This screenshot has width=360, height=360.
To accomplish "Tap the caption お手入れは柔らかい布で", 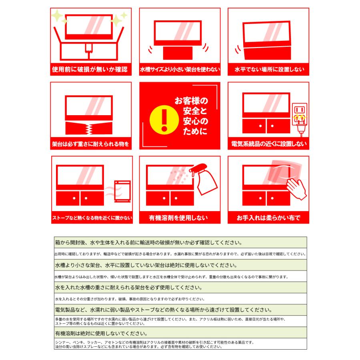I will coord(268,218).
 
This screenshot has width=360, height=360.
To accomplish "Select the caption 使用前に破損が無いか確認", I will coord(90,69).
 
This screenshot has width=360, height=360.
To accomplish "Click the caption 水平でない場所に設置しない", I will coord(268,70).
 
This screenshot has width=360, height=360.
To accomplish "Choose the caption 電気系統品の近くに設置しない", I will coord(268,144).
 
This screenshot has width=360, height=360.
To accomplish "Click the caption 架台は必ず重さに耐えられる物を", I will coord(90,143).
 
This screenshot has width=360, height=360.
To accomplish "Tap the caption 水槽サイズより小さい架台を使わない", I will coord(180,70).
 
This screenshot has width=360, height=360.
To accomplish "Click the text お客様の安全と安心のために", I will coord(191,116).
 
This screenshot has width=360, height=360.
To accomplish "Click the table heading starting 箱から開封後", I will coord(148,242).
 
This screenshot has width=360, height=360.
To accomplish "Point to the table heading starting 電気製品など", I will coord(164,310).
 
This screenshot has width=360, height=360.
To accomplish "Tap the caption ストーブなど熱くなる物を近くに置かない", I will coord(92,218).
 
